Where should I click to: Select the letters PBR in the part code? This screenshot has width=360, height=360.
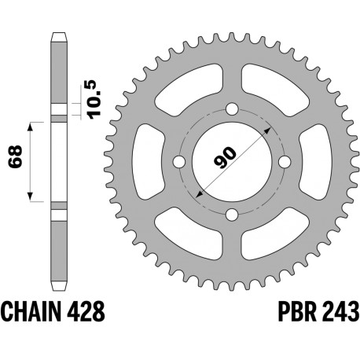(297, 311)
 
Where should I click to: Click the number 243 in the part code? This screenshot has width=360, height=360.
(340, 311)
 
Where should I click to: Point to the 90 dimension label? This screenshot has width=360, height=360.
(226, 157)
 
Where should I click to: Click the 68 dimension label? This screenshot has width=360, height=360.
(15, 156)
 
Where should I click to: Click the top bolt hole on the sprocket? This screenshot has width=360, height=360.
(232, 109)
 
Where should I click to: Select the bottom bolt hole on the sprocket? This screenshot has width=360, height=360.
(232, 215)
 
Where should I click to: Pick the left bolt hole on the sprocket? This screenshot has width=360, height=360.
(179, 162)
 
